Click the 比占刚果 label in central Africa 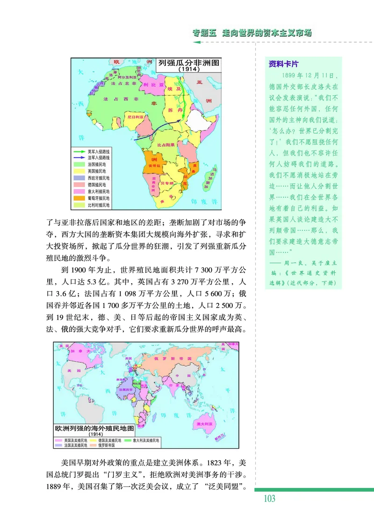tap(167, 145)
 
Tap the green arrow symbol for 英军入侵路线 tap(79, 151)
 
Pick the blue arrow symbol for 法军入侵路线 tap(79, 158)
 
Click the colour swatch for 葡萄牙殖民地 tap(79, 198)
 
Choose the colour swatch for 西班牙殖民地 tap(79, 178)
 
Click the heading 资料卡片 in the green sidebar tap(283, 64)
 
